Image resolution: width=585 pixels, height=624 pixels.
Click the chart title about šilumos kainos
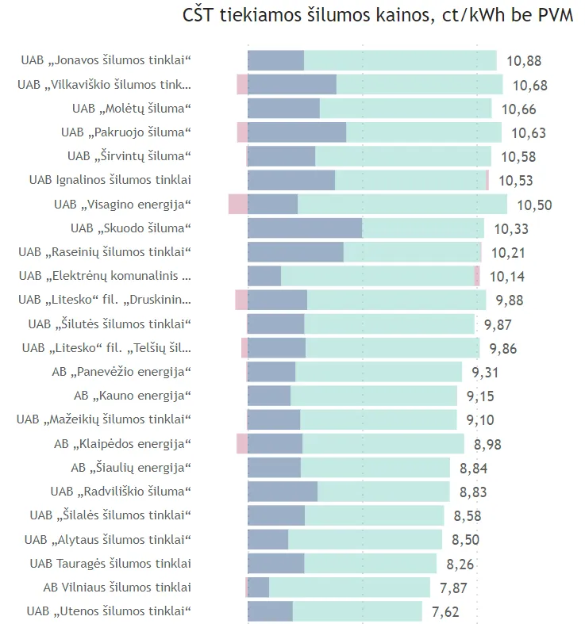[x=378, y=15]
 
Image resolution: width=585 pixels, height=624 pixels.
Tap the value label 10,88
[x=523, y=61]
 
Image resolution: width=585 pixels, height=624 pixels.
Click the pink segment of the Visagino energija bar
[x=238, y=204]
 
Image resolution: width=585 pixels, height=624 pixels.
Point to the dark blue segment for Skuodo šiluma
[x=305, y=228]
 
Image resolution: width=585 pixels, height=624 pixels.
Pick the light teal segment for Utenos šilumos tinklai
[x=357, y=611]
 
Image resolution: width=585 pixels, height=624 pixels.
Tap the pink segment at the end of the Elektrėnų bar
[x=477, y=276]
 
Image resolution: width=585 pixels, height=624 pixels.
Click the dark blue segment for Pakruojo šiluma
[x=297, y=132]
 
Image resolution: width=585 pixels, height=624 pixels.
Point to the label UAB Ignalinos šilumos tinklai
[x=110, y=180]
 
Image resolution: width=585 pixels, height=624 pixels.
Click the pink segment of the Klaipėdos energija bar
[x=242, y=443]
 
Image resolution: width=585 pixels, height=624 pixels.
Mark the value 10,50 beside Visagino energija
[x=534, y=205]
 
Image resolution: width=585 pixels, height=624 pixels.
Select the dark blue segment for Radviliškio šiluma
[x=283, y=492]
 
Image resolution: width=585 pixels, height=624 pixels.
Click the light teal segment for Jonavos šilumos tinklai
[x=400, y=60]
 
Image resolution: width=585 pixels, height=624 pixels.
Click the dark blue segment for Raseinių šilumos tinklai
[x=295, y=252]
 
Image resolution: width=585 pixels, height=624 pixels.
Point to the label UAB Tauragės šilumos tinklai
[x=110, y=564]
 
